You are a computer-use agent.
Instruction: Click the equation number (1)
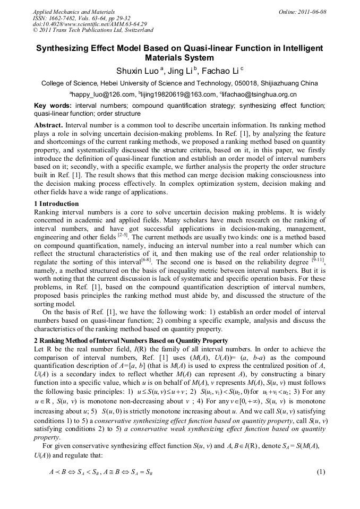pyautogui.click(x=320, y=472)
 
